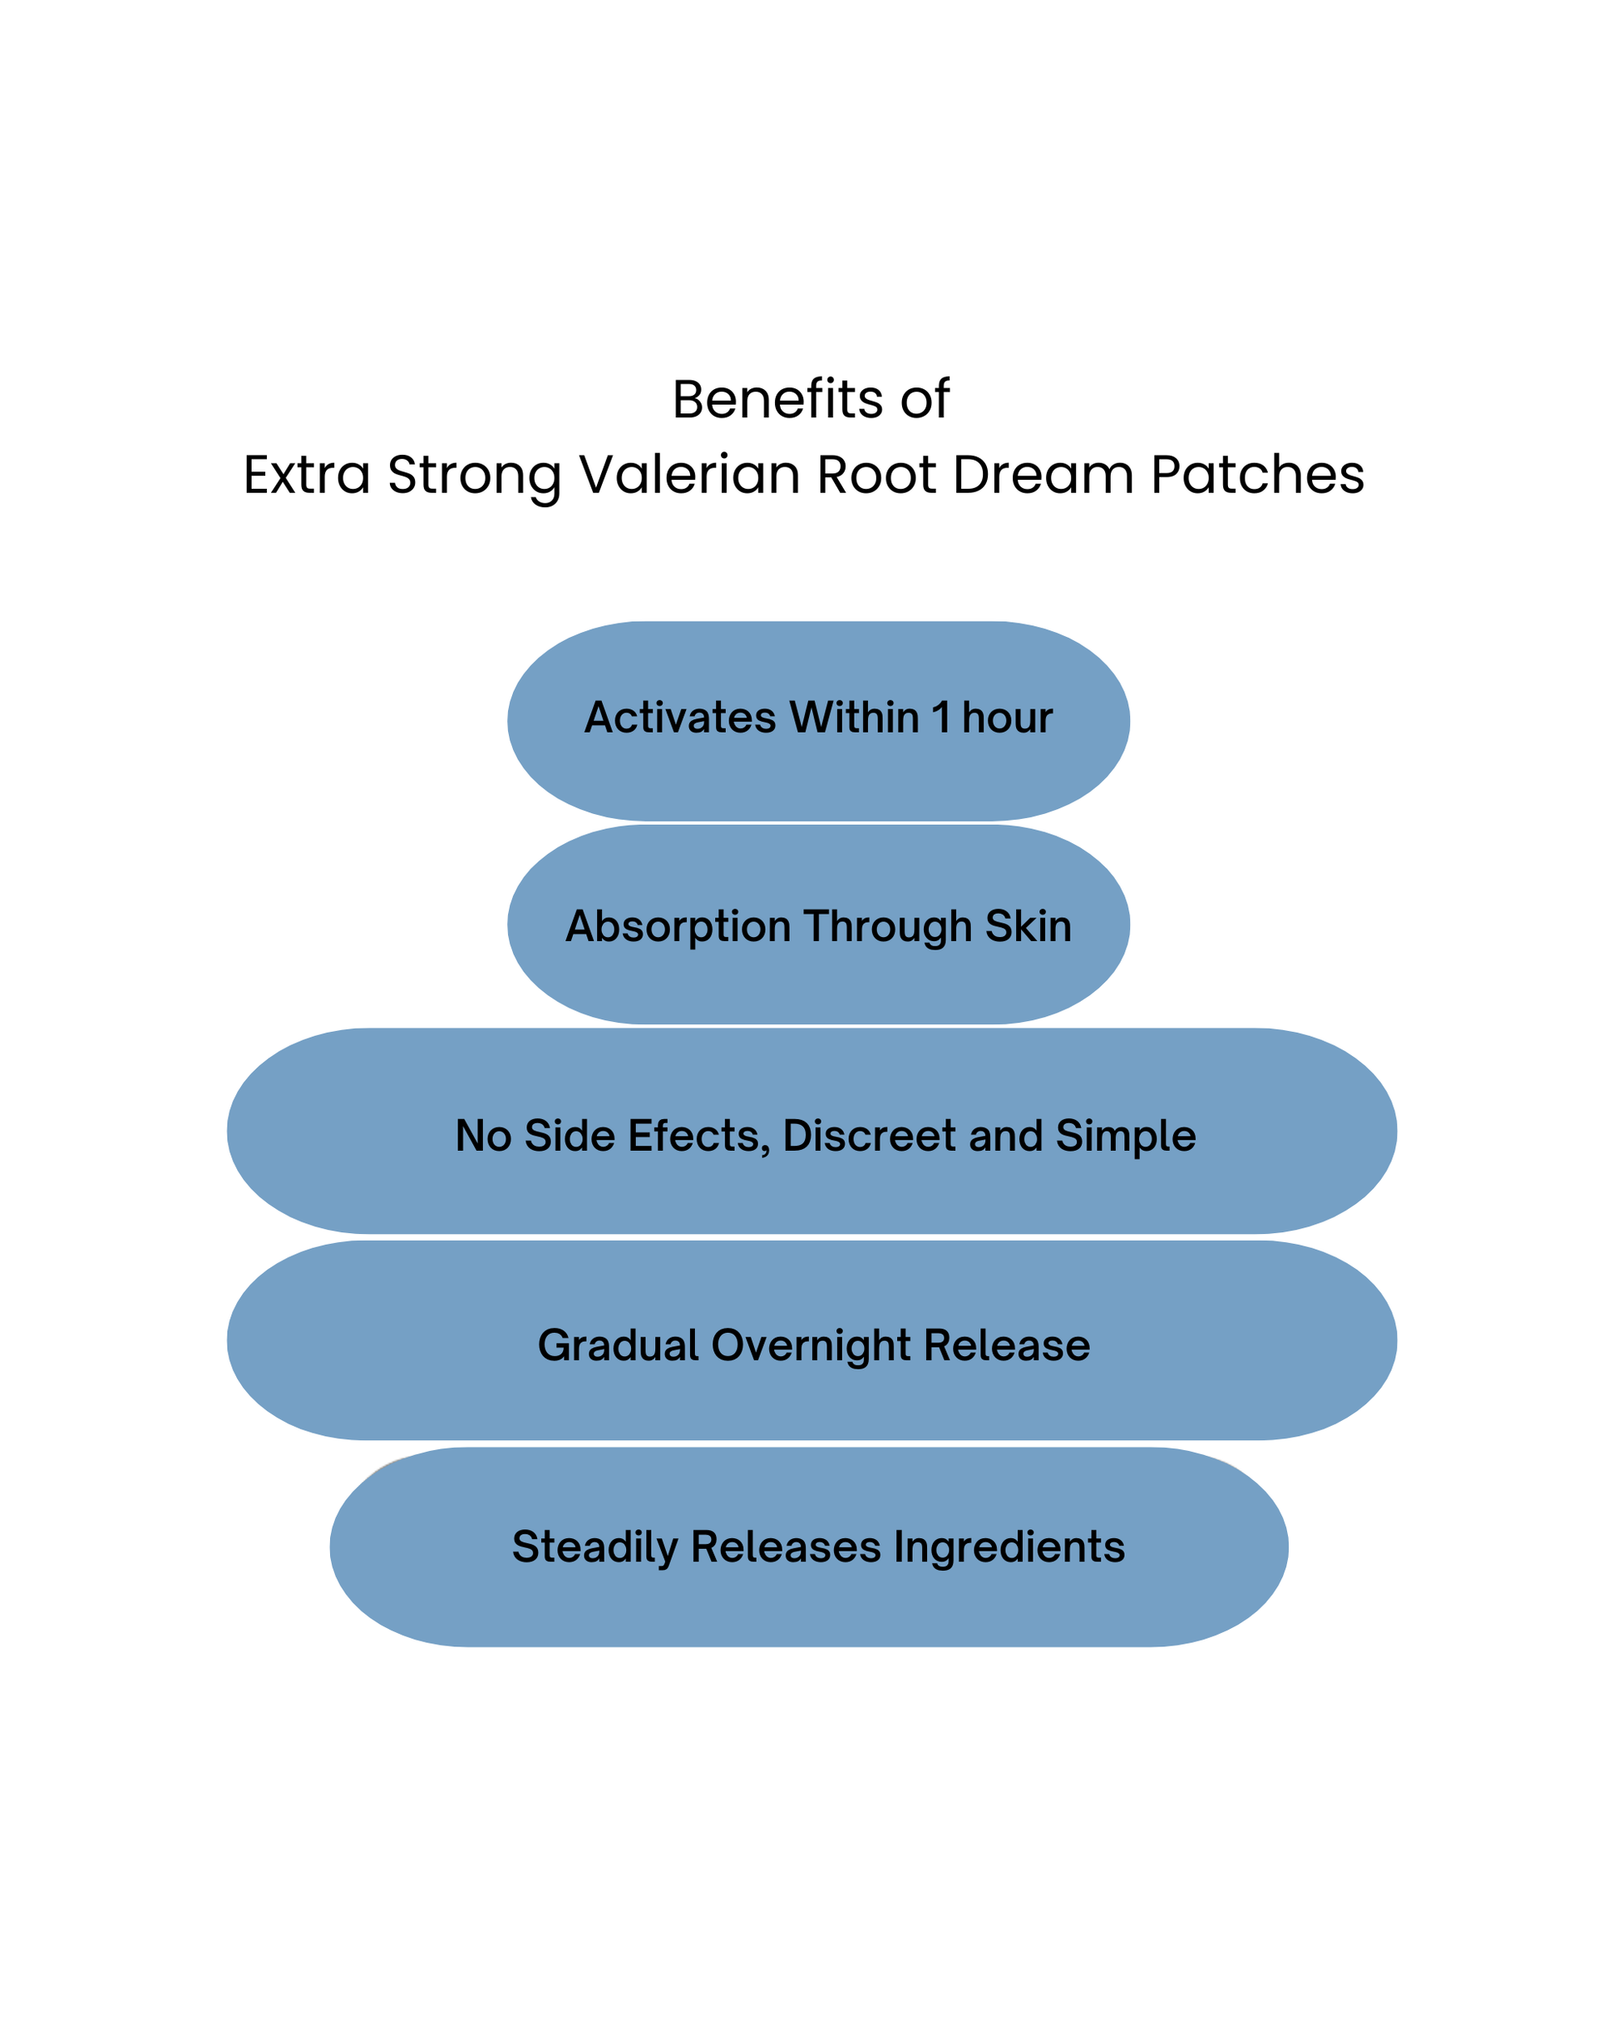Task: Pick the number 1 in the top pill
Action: pyautogui.click(x=940, y=718)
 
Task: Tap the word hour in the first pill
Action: pyautogui.click(x=1006, y=718)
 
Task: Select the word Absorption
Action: pyautogui.click(x=678, y=927)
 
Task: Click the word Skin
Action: pyautogui.click(x=1028, y=926)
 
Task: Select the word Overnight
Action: pyautogui.click(x=811, y=1346)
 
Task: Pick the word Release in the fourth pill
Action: pyautogui.click(x=1006, y=1345)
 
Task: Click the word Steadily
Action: pyautogui.click(x=594, y=1548)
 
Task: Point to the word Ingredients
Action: pyautogui.click(x=1008, y=1548)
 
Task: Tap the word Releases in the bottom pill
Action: pyautogui.click(x=786, y=1547)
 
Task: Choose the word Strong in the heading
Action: pyautogui.click(x=474, y=476)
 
